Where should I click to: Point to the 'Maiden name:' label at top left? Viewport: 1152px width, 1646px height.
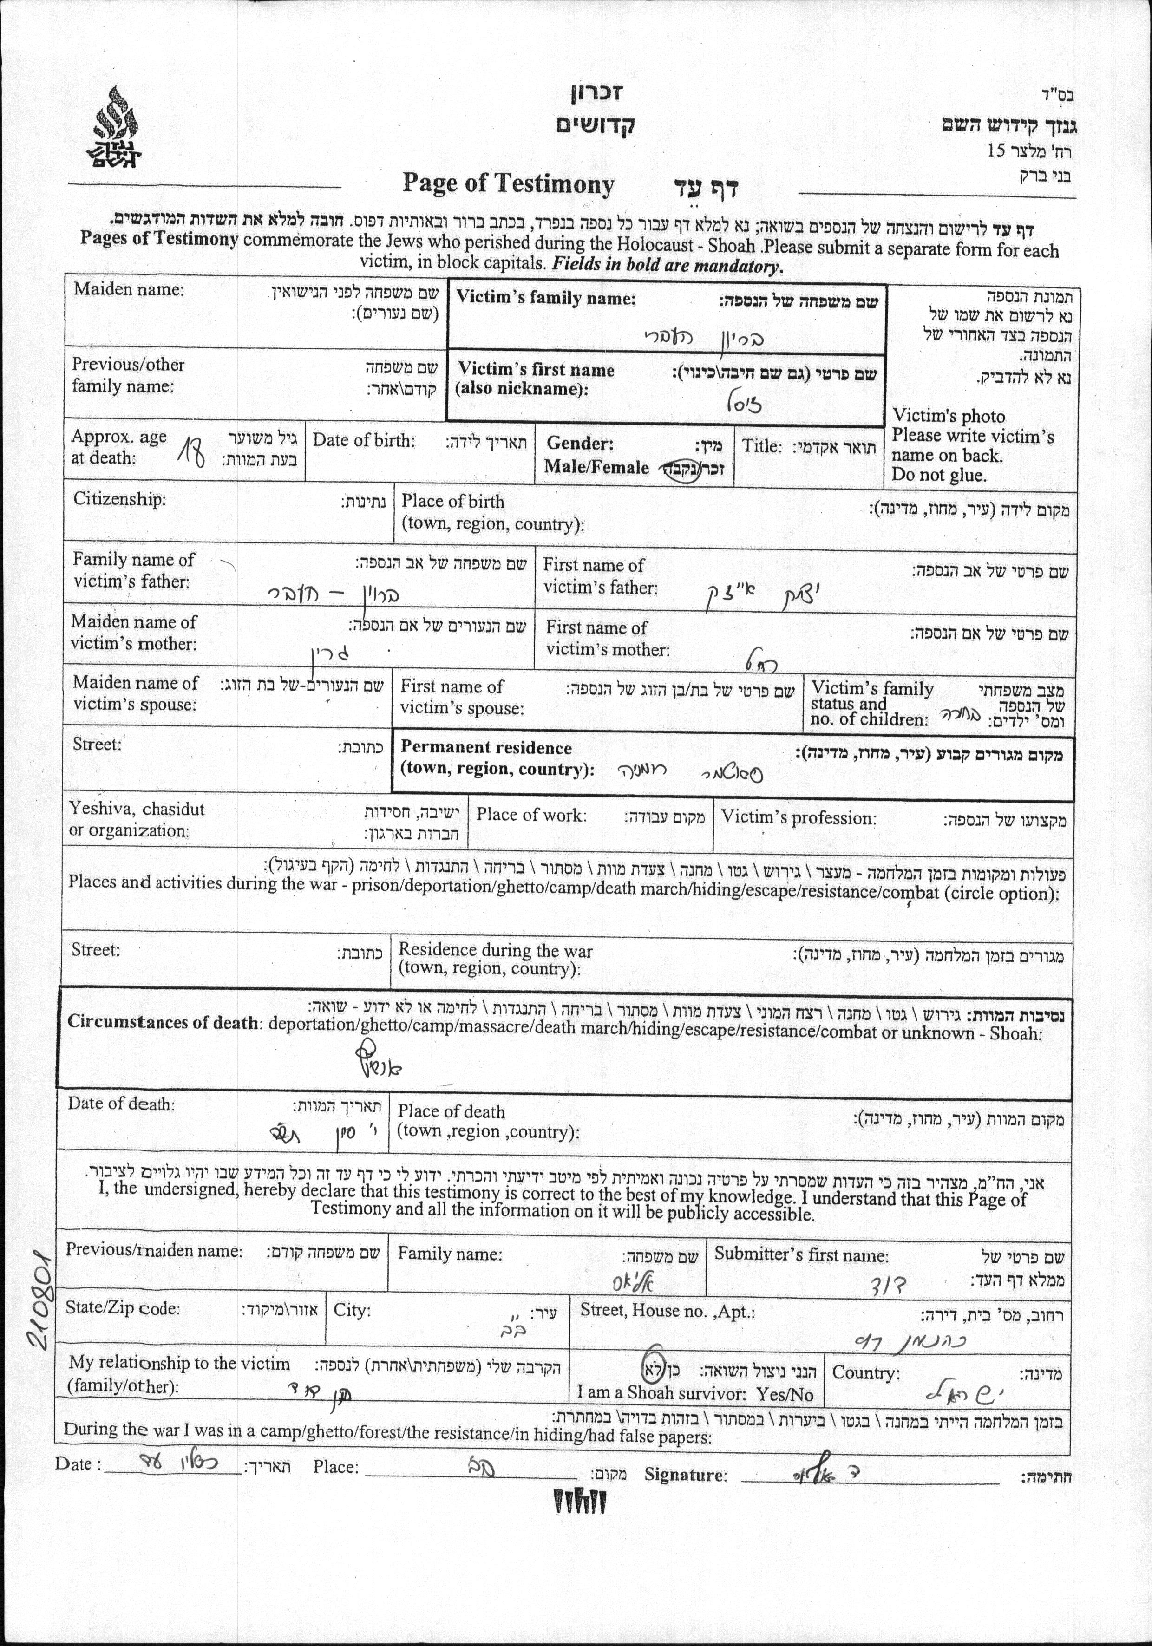(128, 290)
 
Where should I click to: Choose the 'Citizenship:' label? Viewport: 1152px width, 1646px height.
(119, 499)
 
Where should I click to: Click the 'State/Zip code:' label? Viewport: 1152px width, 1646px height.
(123, 1308)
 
